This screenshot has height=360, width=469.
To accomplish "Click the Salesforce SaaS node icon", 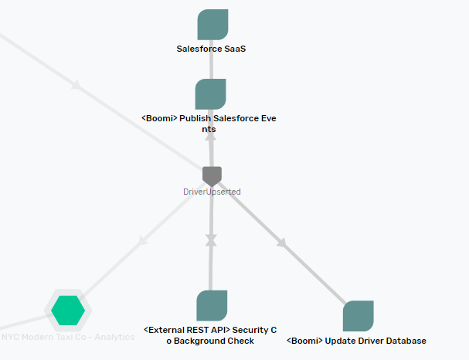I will pyautogui.click(x=212, y=25).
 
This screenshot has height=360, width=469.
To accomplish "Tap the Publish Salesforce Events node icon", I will pyautogui.click(x=210, y=93).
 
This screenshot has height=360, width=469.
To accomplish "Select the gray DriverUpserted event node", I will pyautogui.click(x=212, y=175).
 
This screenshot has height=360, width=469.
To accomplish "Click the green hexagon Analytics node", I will pyautogui.click(x=68, y=310).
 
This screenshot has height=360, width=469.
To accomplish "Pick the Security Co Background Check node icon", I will pyautogui.click(x=212, y=306).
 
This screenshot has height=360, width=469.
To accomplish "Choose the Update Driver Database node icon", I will pyautogui.click(x=358, y=316).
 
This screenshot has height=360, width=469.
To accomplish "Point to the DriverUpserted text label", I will pyautogui.click(x=212, y=192).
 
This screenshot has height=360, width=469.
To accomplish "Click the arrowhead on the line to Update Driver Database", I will pyautogui.click(x=282, y=243).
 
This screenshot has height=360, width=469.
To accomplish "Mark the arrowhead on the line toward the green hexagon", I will pyautogui.click(x=141, y=242).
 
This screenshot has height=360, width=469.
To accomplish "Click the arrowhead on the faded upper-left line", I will pyautogui.click(x=76, y=85).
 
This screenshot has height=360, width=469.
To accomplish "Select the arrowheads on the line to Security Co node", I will pyautogui.click(x=211, y=241).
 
